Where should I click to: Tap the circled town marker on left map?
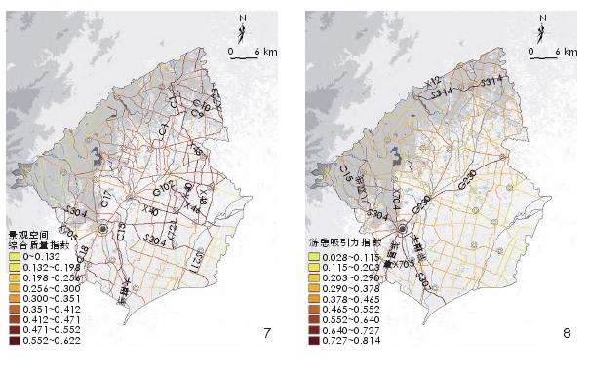[x=102, y=229]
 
